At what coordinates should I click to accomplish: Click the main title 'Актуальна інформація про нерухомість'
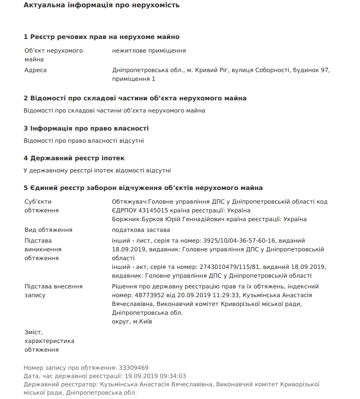point(101,5)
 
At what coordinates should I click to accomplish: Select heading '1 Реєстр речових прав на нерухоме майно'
point(101,37)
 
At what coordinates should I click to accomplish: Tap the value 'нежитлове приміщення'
point(149,51)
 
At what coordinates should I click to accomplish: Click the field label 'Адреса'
point(36,70)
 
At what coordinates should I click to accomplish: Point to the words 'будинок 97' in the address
point(311,70)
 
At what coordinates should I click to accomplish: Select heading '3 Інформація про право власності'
point(86,129)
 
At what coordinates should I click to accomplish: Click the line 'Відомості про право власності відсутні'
point(84,141)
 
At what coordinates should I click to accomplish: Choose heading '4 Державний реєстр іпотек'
point(74,158)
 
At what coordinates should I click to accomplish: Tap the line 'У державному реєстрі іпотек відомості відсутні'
point(97,171)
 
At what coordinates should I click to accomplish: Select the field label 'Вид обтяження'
point(48,230)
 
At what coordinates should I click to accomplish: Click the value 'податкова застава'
point(141,230)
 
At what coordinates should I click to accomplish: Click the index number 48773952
point(147,295)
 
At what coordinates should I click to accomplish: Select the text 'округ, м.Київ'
point(132,322)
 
